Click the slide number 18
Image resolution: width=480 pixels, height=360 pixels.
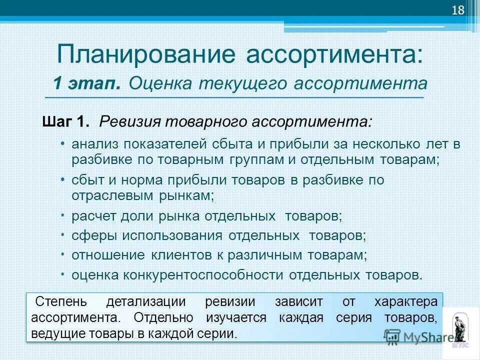[x=458, y=11]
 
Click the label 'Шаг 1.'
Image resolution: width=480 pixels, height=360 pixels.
[x=66, y=121]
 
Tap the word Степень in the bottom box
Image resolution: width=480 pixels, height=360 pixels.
[x=60, y=302]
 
